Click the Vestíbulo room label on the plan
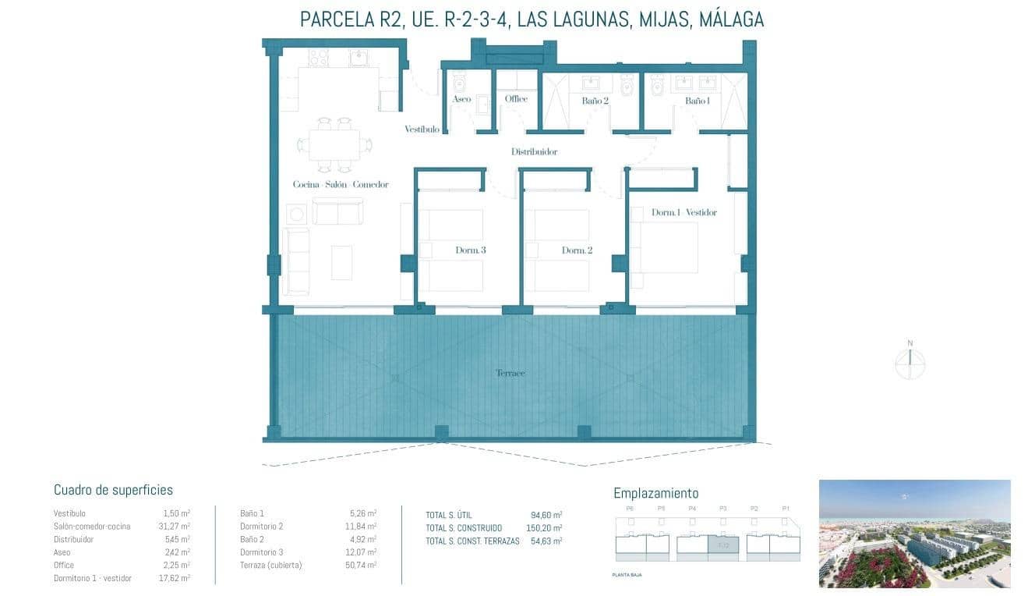(x=422, y=129)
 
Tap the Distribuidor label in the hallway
(x=534, y=152)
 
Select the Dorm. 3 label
(x=471, y=250)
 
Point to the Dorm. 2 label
(x=577, y=250)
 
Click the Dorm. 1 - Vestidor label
(x=684, y=212)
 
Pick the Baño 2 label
(x=595, y=101)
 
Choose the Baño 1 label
(x=697, y=101)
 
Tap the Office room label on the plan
(x=516, y=99)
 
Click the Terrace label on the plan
(x=510, y=373)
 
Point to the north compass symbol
(x=910, y=363)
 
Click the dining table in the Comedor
(x=334, y=145)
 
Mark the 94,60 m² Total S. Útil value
(x=546, y=515)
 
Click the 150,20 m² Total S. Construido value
(x=546, y=528)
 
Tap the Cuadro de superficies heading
(x=113, y=490)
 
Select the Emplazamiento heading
(x=655, y=493)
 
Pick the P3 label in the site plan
(x=722, y=509)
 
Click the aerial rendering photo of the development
(x=914, y=534)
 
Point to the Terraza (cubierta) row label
(x=270, y=565)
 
